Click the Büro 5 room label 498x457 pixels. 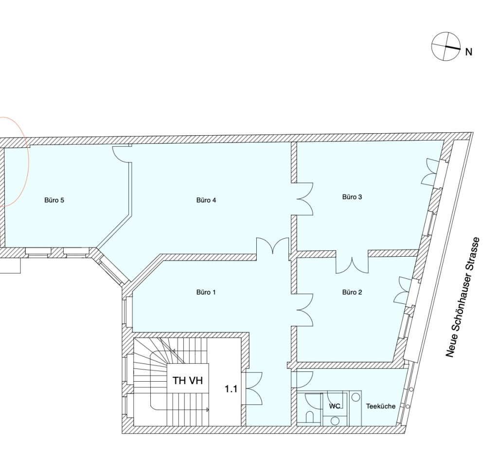pyautogui.click(x=54, y=200)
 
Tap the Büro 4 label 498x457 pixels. pyautogui.click(x=206, y=200)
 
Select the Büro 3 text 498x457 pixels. pyautogui.click(x=352, y=197)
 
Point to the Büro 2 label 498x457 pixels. pyautogui.click(x=352, y=292)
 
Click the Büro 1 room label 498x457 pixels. pyautogui.click(x=206, y=292)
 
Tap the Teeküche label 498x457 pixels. pyautogui.click(x=380, y=406)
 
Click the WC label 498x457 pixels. pyautogui.click(x=335, y=406)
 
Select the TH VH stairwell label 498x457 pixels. pyautogui.click(x=187, y=380)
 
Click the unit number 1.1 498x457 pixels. pyautogui.click(x=231, y=389)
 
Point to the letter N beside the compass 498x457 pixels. pyautogui.click(x=468, y=52)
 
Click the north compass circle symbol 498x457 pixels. pyautogui.click(x=445, y=46)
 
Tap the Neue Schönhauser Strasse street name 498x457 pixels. pyautogui.click(x=462, y=297)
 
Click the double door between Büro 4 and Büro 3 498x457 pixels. pyautogui.click(x=305, y=199)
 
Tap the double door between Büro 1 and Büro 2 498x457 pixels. pyautogui.click(x=305, y=310)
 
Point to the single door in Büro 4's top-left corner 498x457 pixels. pyautogui.click(x=122, y=154)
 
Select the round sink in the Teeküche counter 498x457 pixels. pyautogui.click(x=356, y=397)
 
